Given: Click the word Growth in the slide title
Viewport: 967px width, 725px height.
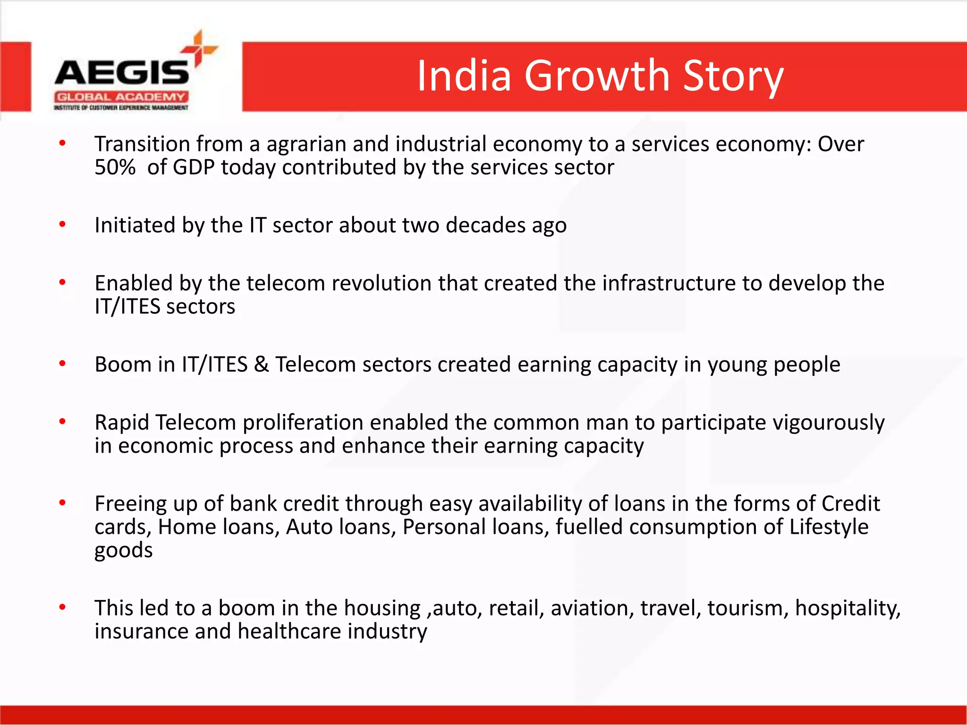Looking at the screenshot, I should click(597, 76).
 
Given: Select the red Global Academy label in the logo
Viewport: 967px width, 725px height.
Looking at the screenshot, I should click(121, 97).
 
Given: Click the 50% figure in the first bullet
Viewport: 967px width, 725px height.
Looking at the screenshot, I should click(115, 167).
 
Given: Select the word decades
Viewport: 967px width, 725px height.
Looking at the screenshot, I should click(485, 225).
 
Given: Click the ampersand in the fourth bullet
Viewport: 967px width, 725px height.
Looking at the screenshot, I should click(261, 364).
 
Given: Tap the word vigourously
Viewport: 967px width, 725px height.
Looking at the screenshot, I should click(828, 422).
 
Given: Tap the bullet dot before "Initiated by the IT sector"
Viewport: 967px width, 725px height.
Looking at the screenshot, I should click(62, 225).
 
